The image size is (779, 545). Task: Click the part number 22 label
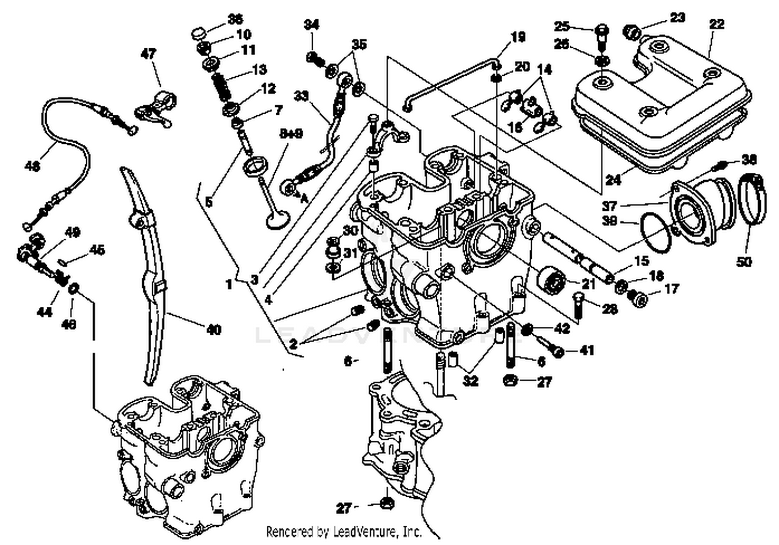[x=717, y=24]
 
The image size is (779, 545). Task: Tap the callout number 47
[x=149, y=53]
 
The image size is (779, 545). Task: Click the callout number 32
[x=471, y=380]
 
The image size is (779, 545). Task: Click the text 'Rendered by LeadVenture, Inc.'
[x=344, y=532]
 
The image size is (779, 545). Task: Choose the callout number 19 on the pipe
[x=518, y=37]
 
